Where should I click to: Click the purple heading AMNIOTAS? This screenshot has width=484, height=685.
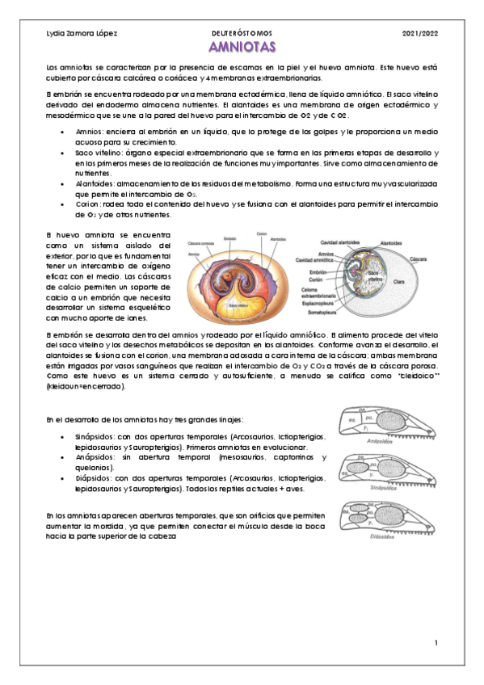(x=242, y=48)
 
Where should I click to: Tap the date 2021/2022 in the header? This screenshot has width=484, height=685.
(x=419, y=33)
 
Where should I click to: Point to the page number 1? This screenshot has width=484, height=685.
(x=435, y=643)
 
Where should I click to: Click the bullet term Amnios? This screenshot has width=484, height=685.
(x=88, y=129)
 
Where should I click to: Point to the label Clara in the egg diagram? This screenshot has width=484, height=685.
(x=399, y=283)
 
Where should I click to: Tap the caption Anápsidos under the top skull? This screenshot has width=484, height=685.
(x=380, y=443)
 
